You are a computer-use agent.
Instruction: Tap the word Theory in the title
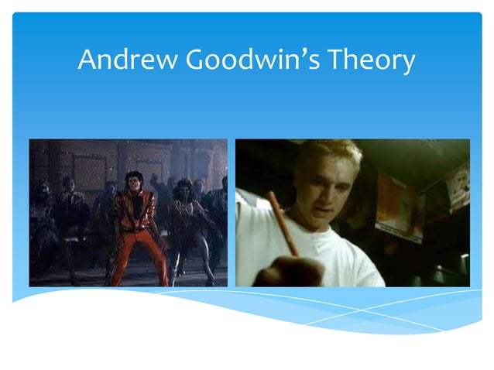tap(370, 60)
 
